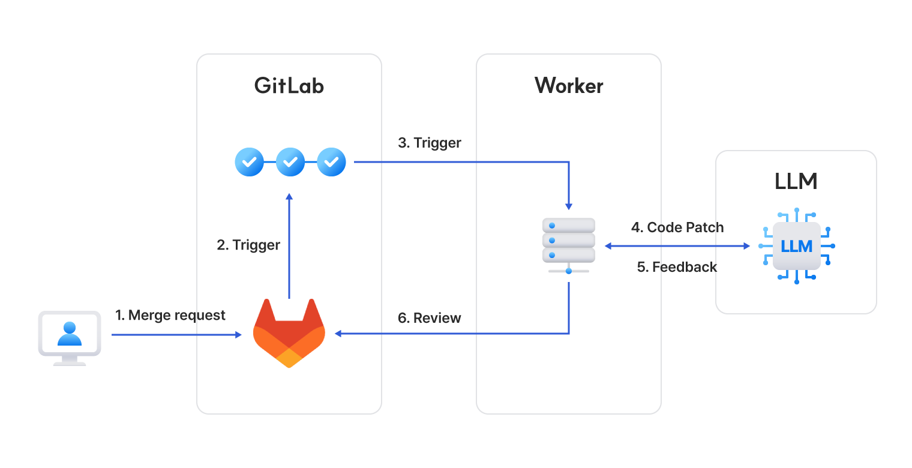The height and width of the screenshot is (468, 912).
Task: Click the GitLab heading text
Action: tap(289, 86)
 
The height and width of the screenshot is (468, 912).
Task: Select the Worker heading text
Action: tap(569, 86)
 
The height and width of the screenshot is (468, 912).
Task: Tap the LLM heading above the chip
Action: tap(796, 181)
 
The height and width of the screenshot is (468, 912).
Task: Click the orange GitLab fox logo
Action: tap(289, 333)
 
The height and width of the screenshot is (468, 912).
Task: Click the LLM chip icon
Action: tap(796, 246)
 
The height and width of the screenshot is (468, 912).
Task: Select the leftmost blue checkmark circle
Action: tap(249, 161)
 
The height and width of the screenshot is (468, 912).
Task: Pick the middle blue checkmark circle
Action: tap(290, 161)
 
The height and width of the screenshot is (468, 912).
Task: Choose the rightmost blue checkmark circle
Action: tap(331, 161)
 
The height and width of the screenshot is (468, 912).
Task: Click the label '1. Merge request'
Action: tap(170, 315)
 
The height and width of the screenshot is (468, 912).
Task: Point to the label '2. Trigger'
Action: tap(248, 245)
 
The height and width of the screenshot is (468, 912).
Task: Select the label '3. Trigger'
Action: tap(430, 143)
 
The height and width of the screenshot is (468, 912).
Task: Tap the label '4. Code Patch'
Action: tap(677, 227)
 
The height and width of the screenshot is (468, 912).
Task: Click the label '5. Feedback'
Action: tap(677, 267)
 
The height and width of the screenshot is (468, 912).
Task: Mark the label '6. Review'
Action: tap(430, 318)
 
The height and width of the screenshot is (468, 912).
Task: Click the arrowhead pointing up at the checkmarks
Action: tap(289, 197)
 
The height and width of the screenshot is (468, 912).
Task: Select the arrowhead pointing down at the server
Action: tap(568, 206)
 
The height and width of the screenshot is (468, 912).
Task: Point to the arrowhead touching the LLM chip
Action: tap(747, 246)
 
